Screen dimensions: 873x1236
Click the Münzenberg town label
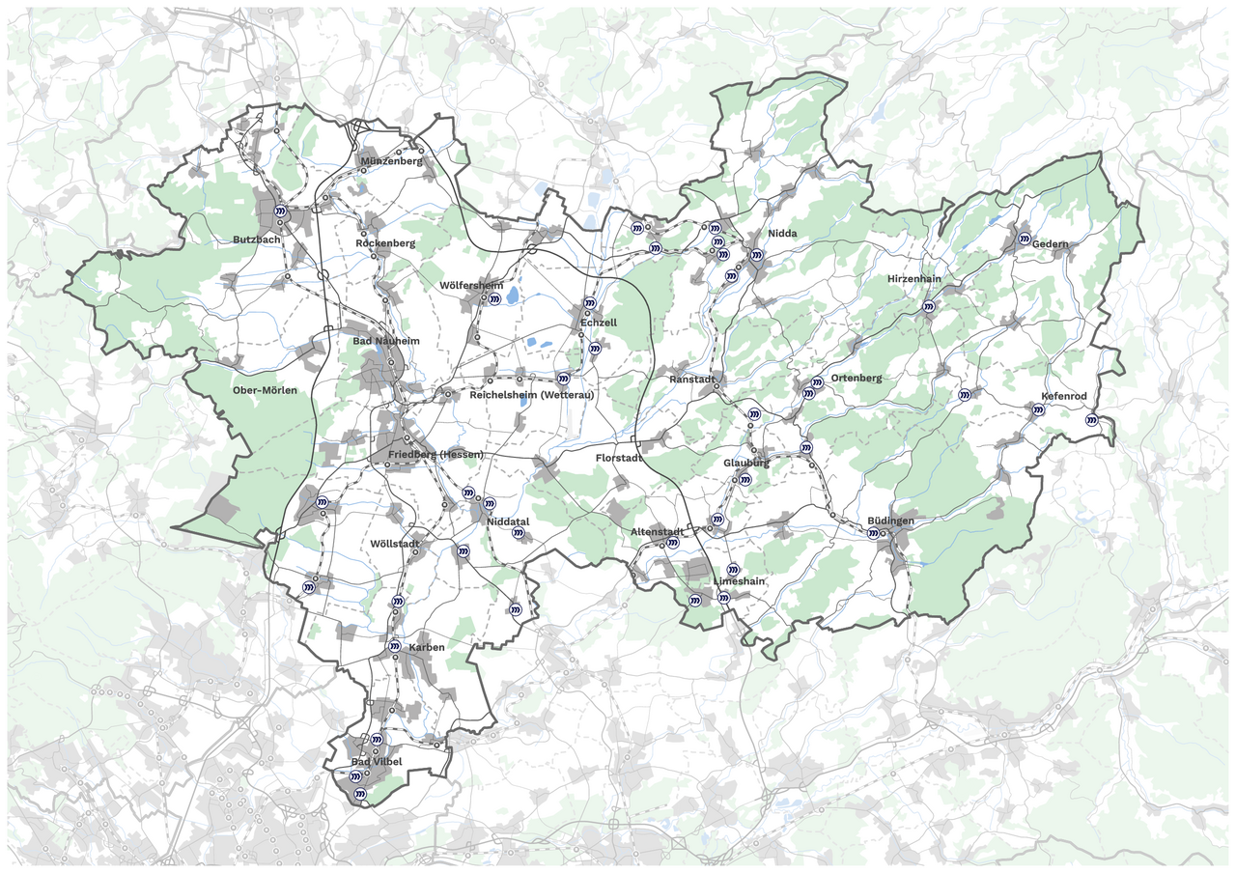tap(391, 161)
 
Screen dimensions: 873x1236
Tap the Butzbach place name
tap(256, 239)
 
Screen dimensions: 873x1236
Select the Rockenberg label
tap(385, 243)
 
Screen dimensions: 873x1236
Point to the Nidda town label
tap(783, 235)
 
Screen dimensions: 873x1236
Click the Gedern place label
tap(1051, 244)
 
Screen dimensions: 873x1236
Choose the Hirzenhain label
tap(914, 279)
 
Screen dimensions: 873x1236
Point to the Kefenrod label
tap(1064, 397)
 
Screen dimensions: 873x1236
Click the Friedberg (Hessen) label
tap(435, 455)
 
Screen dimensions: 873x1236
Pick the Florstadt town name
tap(619, 458)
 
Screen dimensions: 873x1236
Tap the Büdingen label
tap(890, 521)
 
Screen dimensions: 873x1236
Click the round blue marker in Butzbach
tap(280, 210)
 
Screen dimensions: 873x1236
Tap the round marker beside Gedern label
tap(1024, 238)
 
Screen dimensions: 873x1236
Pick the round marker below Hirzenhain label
tap(928, 306)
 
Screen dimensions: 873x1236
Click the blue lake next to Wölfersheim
tap(513, 296)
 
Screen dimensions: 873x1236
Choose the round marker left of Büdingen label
tap(872, 533)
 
